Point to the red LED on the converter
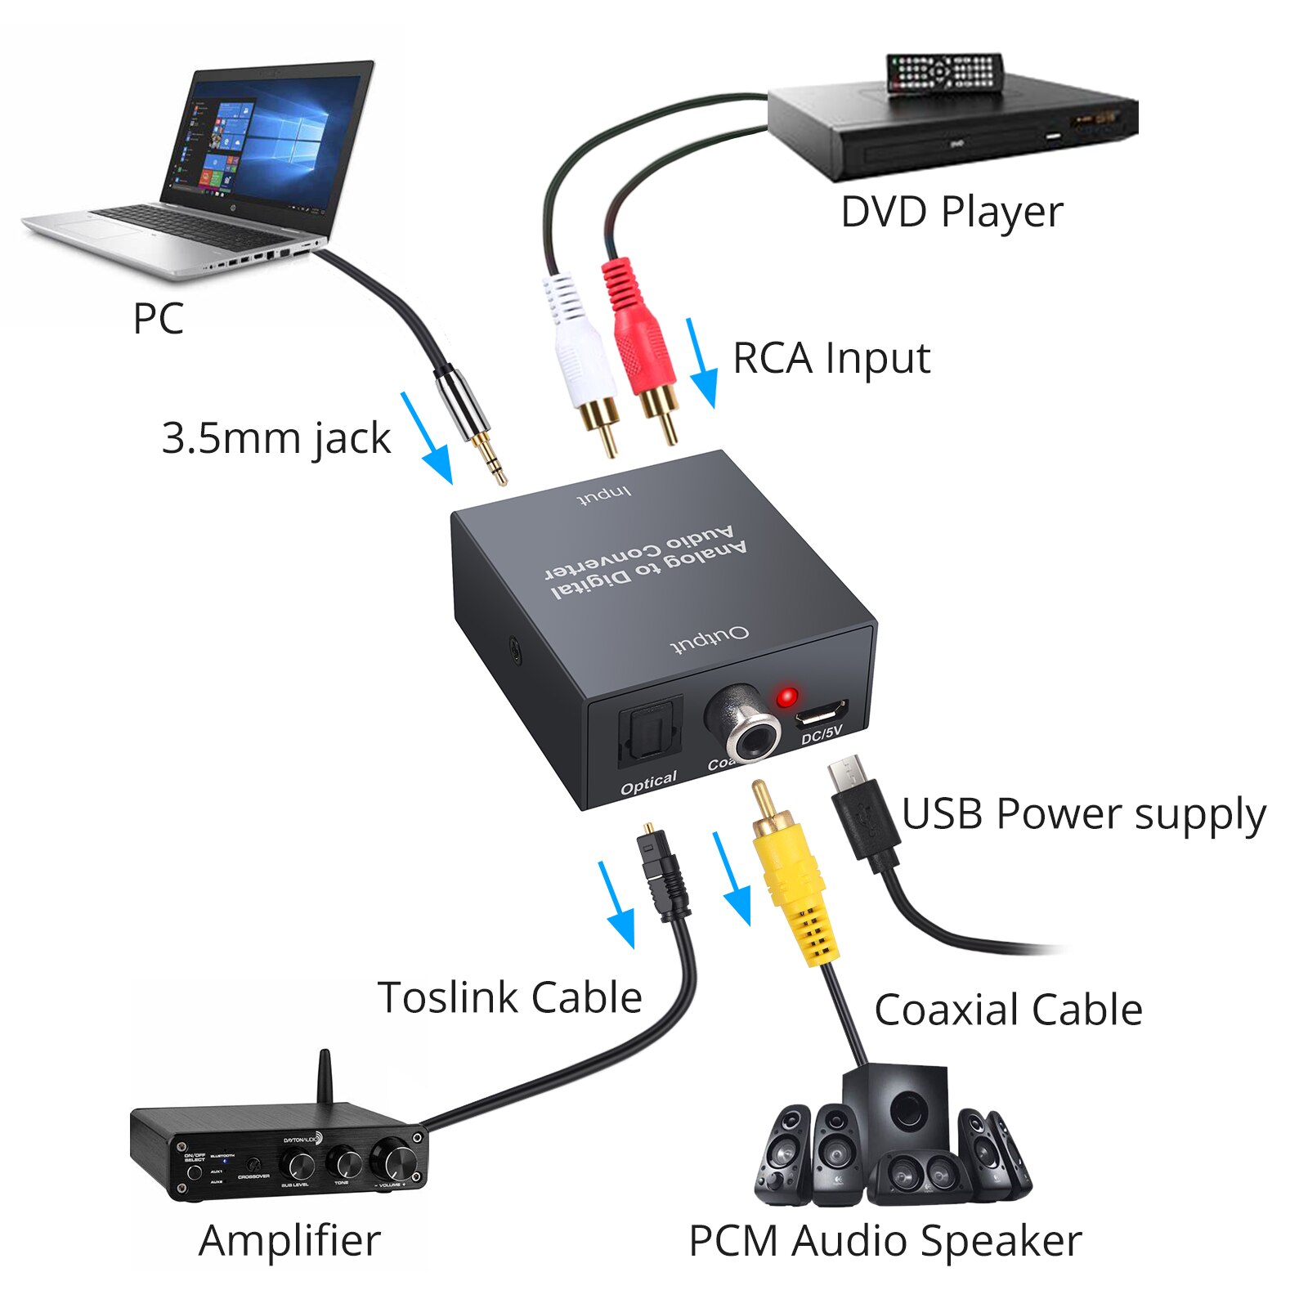point(787,697)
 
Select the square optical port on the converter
point(649,732)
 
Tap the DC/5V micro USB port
point(820,714)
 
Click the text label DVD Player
point(952,213)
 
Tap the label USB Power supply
point(1083,814)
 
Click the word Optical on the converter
point(648,783)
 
